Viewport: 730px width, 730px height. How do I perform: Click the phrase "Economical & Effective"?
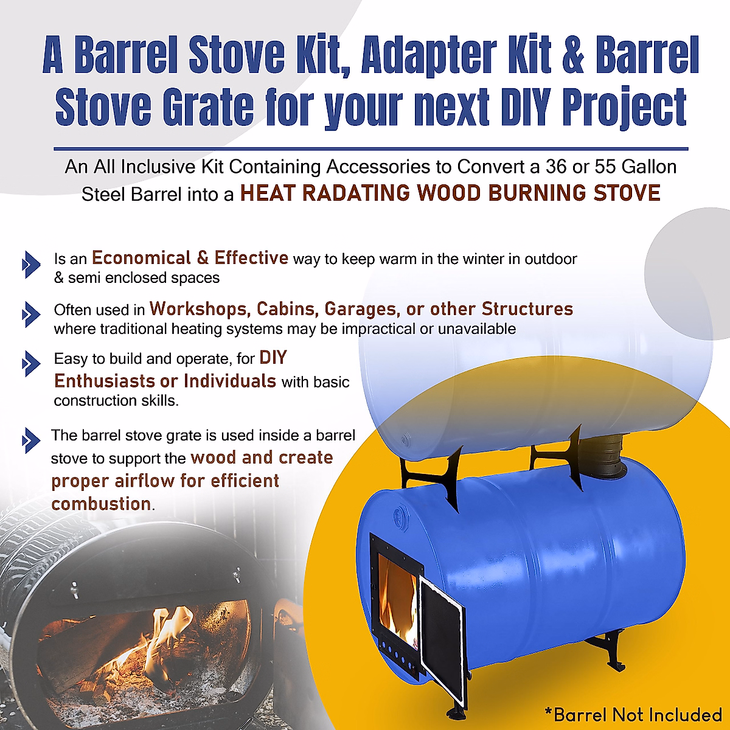(x=190, y=258)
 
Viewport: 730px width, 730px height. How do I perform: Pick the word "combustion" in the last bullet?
(x=101, y=504)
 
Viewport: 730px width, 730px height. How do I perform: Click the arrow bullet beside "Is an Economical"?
(x=30, y=264)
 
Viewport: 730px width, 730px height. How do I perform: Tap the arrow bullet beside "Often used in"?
(x=30, y=315)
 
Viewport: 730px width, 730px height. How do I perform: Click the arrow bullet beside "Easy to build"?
(x=30, y=364)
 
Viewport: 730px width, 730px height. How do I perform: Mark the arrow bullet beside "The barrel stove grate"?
(x=30, y=440)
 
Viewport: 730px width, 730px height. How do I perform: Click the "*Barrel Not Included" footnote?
(x=633, y=714)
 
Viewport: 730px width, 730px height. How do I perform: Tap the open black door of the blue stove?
(x=442, y=639)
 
